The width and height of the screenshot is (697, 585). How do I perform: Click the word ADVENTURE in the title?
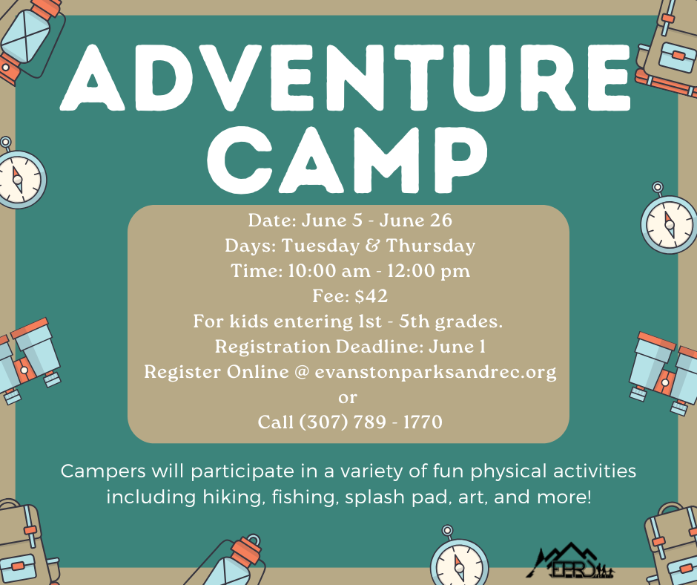(345, 78)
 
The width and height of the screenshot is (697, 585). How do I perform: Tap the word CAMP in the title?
(347, 160)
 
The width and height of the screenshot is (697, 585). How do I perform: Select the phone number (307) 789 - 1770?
(370, 422)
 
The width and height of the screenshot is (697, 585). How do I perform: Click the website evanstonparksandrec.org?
(436, 372)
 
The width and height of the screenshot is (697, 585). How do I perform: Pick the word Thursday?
(431, 246)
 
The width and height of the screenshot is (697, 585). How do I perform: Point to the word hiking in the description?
(231, 497)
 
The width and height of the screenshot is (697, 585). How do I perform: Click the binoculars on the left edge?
(27, 362)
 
